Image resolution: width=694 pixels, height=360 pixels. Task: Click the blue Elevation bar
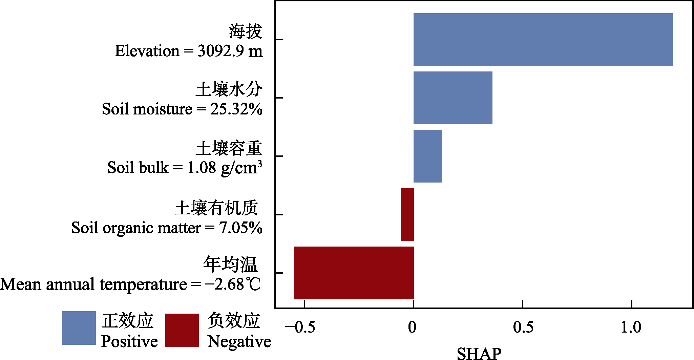pos(543,40)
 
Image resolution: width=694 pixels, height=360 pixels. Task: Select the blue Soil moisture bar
pos(453,98)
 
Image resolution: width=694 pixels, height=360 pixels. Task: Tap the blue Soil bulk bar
pos(427,156)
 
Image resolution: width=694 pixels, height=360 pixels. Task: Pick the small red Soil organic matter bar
pos(407,215)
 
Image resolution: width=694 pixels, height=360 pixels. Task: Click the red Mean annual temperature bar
pos(354,273)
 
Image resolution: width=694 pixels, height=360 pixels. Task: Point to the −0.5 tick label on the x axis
pos(300,327)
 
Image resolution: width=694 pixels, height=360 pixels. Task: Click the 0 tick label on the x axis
pos(412,327)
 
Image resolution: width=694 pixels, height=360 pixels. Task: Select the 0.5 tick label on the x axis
pos(523,327)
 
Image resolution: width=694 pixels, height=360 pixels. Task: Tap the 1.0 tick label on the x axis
pos(631,327)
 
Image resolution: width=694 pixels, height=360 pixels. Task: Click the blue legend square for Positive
pos(79,328)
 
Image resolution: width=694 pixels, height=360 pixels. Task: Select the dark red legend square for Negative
pos(182,330)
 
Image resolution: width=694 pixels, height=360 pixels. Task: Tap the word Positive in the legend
pos(129,341)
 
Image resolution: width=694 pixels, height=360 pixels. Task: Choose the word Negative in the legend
pos(239,341)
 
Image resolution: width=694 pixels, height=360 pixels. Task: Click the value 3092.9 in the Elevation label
pos(220,51)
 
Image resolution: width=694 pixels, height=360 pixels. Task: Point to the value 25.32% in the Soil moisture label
pos(236,109)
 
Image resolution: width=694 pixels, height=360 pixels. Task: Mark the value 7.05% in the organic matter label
pos(240,228)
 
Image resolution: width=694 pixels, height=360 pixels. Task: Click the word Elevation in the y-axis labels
pos(147,51)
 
